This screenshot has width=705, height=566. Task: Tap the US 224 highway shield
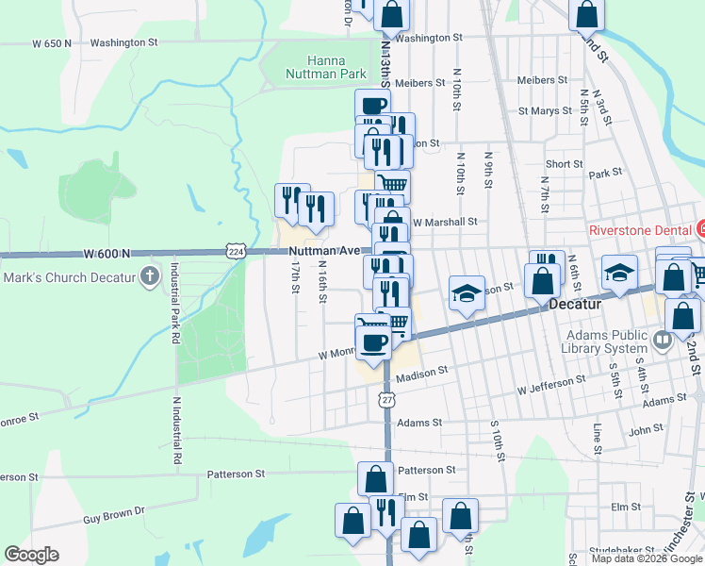point(236,250)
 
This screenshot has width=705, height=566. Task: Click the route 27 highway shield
point(387,400)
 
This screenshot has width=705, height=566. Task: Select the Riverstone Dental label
point(641,229)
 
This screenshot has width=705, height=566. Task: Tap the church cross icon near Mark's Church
point(148,276)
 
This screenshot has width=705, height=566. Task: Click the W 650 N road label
point(51,43)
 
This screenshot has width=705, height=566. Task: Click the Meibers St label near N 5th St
point(541,80)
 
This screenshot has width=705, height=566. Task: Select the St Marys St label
point(546,110)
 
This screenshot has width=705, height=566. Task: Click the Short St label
point(564,163)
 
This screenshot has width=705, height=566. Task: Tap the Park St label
point(606,174)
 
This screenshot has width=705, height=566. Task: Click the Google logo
point(31,555)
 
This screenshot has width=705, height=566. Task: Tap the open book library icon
point(662,339)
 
